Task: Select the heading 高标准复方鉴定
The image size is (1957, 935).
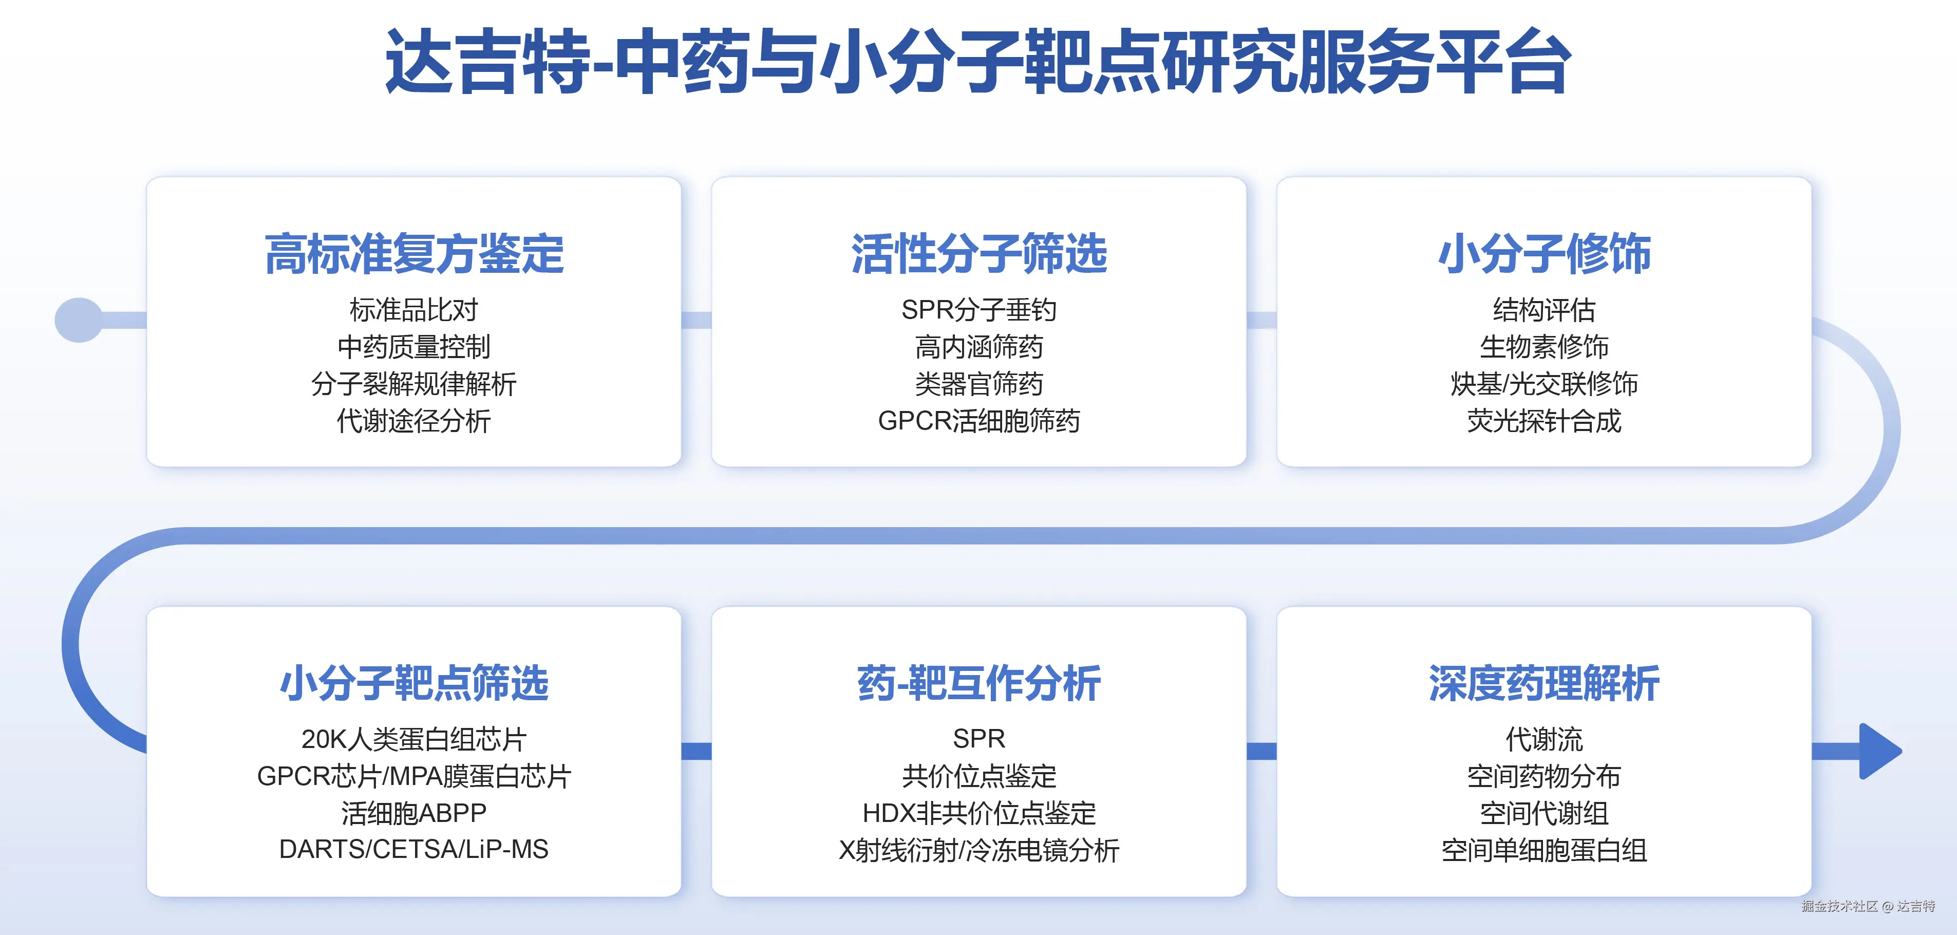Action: click(x=414, y=254)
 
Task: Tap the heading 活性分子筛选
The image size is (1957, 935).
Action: click(x=978, y=254)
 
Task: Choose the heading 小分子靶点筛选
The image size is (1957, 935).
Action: click(x=414, y=683)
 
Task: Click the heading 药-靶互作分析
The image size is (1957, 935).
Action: click(x=978, y=683)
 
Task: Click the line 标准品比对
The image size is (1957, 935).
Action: click(x=414, y=310)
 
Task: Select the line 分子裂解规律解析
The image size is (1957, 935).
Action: click(x=414, y=384)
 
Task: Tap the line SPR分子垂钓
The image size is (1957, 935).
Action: click(x=978, y=310)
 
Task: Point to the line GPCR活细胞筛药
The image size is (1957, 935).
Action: click(x=978, y=421)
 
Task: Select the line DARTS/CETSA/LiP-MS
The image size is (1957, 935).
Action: click(x=414, y=849)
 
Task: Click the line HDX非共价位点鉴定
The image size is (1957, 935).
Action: click(x=978, y=813)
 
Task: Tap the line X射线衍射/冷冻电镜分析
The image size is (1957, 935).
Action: click(x=978, y=850)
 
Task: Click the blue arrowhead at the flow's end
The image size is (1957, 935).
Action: click(x=1880, y=751)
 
